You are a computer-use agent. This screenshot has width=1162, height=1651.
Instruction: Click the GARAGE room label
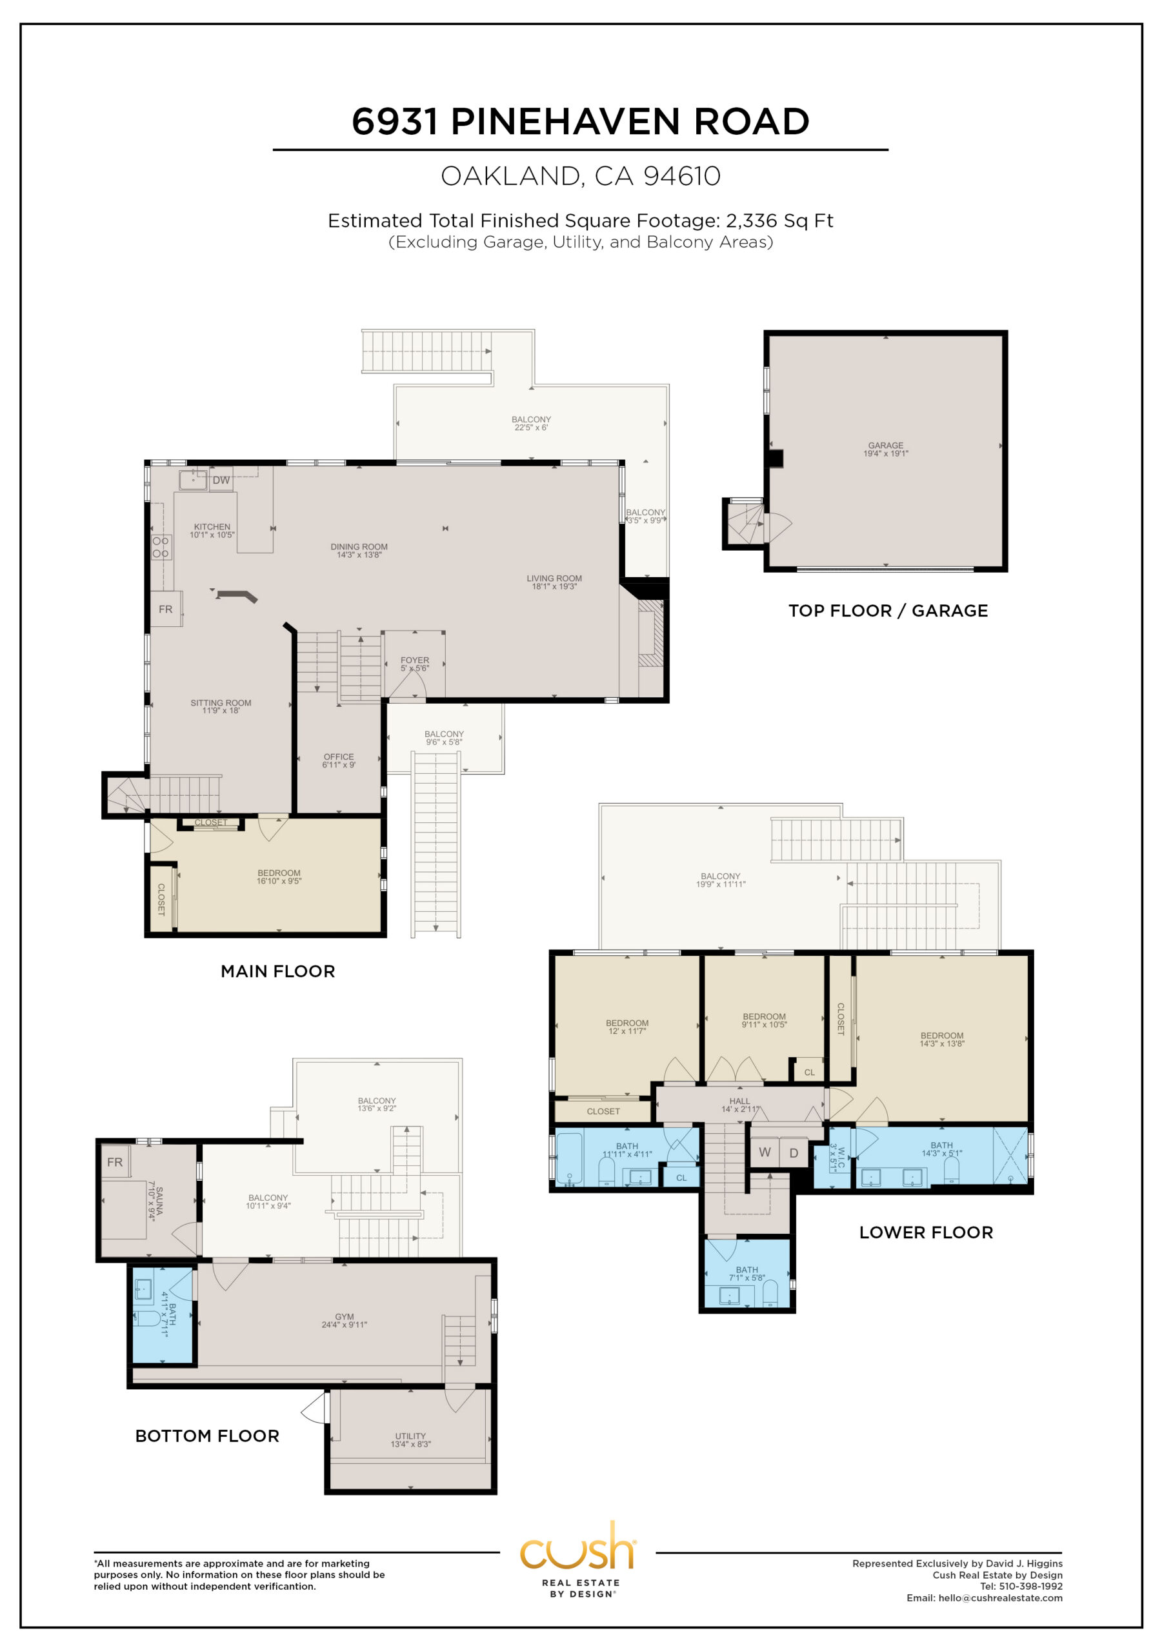886,445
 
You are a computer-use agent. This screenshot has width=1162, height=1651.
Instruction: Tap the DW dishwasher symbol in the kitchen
221,480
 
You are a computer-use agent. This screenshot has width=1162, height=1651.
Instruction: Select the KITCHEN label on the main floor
212,526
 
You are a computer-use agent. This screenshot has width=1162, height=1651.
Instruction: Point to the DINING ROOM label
359,546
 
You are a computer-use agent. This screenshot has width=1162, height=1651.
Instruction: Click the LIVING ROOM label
554,578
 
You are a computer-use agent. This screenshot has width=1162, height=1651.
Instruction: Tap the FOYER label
414,660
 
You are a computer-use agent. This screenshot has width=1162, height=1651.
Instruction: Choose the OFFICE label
339,756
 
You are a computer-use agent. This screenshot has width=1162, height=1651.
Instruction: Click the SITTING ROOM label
221,702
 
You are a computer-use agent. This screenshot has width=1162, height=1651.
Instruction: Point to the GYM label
345,1317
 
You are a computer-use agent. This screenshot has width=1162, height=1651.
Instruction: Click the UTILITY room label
410,1436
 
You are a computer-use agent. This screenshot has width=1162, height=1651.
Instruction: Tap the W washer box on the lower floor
765,1152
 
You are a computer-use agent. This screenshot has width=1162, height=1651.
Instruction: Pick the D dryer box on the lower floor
794,1152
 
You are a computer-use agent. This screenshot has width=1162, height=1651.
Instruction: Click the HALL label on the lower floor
739,1101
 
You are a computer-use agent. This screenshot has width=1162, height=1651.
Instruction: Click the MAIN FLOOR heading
277,971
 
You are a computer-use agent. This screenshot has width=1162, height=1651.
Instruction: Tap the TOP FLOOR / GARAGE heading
888,611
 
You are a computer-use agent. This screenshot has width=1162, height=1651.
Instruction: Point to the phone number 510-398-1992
1031,1587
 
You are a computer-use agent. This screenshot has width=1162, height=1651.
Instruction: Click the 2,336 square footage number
749,221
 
